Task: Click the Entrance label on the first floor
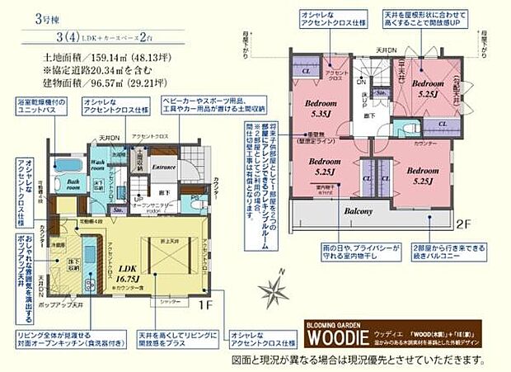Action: [x=163, y=166]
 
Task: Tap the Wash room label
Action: [x=96, y=163]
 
